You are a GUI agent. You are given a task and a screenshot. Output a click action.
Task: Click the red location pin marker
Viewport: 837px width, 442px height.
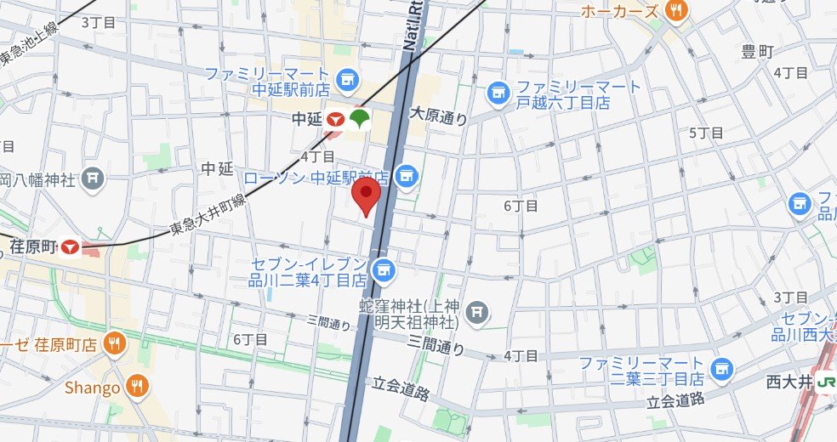(x=367, y=195)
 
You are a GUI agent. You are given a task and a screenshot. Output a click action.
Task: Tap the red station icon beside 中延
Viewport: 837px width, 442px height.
(x=336, y=122)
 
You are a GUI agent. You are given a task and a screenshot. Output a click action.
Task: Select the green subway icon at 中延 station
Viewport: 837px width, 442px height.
(x=358, y=119)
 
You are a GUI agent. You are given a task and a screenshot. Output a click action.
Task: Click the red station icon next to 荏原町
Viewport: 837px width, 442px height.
(x=70, y=246)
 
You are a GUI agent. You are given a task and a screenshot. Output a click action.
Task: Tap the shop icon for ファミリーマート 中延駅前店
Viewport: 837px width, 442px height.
(x=345, y=82)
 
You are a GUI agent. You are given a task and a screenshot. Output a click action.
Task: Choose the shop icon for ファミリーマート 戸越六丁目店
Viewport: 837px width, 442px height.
(x=498, y=93)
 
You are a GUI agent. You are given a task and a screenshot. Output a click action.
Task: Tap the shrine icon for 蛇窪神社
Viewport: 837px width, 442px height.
(x=479, y=313)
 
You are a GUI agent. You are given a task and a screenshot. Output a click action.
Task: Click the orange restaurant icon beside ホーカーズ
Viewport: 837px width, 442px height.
(x=677, y=11)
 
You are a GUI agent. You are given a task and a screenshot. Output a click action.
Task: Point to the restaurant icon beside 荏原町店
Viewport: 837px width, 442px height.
(x=113, y=343)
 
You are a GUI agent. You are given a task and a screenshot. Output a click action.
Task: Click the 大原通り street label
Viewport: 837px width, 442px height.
(x=438, y=116)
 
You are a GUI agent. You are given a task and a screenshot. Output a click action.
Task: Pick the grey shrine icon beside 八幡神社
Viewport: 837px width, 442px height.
(x=94, y=179)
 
